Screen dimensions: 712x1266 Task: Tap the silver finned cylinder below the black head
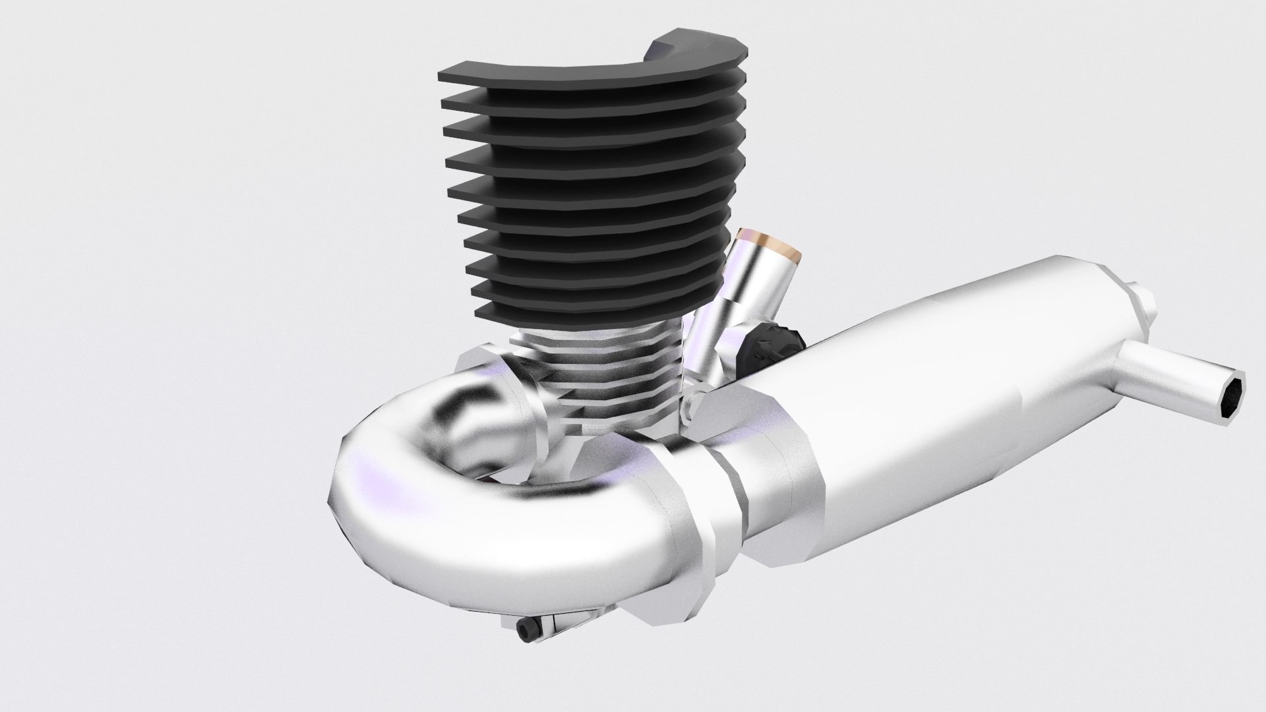[593, 382]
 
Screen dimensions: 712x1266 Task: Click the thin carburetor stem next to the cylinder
[706, 343]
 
